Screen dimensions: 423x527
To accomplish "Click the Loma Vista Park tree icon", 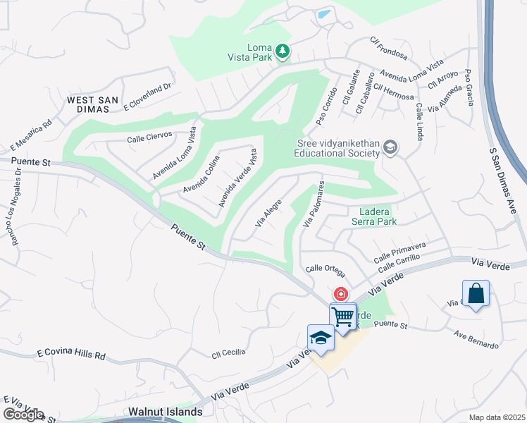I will [x=282, y=50].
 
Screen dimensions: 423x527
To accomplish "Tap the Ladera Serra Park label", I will [x=374, y=216].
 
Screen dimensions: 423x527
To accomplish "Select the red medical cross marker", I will [x=340, y=294].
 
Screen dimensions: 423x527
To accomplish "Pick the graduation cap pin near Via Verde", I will [x=321, y=338].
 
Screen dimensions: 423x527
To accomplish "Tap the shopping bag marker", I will [x=476, y=293].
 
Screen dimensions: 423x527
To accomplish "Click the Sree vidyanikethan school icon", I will [x=390, y=147].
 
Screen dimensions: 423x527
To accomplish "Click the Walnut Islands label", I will [x=166, y=411].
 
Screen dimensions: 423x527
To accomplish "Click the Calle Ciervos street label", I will [x=149, y=136].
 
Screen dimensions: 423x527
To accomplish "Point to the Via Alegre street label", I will [x=268, y=214].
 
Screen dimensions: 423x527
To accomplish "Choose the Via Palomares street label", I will [x=313, y=204].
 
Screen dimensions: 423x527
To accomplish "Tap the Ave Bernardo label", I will [x=477, y=340].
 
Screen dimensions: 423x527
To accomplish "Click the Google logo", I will [x=24, y=415].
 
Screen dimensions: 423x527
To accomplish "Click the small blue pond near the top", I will [x=323, y=13].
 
